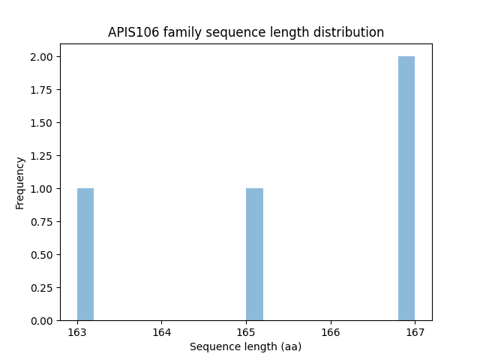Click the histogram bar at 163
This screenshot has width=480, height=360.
click(85, 254)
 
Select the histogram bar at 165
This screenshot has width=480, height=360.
click(254, 254)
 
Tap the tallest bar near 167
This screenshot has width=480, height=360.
click(406, 188)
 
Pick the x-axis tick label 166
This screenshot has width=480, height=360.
click(331, 332)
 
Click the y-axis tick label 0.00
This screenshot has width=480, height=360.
click(42, 321)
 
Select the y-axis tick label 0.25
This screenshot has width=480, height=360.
click(42, 288)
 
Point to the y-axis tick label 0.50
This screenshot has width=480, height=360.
click(42, 255)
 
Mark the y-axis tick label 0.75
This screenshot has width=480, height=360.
click(42, 222)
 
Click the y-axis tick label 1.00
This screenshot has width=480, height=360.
click(42, 189)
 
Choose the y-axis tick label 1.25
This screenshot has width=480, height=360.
click(42, 156)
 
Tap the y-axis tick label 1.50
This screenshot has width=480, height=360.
click(42, 123)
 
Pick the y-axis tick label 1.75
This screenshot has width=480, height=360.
click(42, 90)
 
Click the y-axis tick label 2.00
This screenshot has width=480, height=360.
click(42, 57)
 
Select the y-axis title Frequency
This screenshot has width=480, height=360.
click(20, 182)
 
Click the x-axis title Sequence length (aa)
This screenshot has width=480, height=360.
click(245, 346)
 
